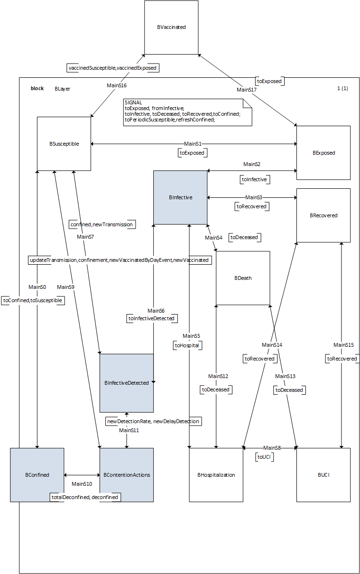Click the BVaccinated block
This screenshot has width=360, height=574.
click(171, 28)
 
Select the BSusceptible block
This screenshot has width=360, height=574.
click(64, 144)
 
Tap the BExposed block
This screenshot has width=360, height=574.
click(323, 153)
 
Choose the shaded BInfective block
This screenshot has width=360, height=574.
click(180, 197)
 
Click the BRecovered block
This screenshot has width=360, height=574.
click(323, 215)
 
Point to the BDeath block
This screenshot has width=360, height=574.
click(243, 278)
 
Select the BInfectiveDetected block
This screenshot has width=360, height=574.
click(127, 383)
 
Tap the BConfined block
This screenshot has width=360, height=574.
click(37, 475)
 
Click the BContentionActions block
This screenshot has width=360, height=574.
click(127, 475)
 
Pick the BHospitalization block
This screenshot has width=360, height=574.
click(216, 475)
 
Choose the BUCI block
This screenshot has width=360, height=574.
click(323, 475)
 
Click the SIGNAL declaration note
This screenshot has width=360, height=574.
click(187, 112)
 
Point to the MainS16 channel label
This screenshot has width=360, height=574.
click(117, 85)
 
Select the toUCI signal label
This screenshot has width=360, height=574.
click(265, 457)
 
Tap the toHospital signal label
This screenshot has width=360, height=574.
click(187, 346)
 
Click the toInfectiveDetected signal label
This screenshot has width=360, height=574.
click(152, 319)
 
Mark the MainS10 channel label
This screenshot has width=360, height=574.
click(82, 484)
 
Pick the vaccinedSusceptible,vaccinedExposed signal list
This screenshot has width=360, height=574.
click(112, 68)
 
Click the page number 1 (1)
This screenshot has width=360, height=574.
click(342, 88)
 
